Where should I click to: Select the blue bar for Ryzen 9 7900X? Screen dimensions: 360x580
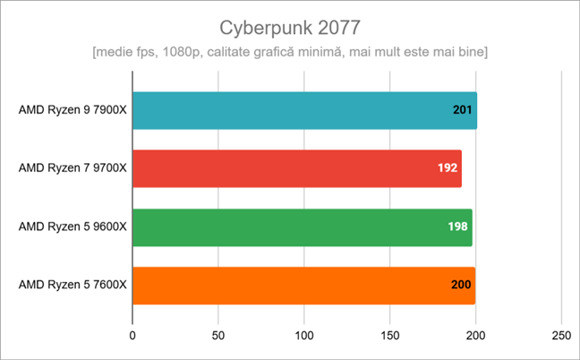[x=304, y=111]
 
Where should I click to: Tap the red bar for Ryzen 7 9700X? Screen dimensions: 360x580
[x=296, y=167]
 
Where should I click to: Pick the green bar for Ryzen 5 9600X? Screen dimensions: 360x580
[x=302, y=227]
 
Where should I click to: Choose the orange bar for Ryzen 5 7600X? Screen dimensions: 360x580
[x=303, y=286]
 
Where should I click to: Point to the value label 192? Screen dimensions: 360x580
[x=448, y=167]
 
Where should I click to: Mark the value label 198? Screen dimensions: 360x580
[x=459, y=227]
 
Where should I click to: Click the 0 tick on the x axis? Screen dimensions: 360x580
[x=132, y=338]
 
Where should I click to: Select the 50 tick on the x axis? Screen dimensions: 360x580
[x=218, y=338]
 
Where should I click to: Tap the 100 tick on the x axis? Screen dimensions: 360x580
[x=304, y=338]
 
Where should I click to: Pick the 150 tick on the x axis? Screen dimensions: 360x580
[x=389, y=338]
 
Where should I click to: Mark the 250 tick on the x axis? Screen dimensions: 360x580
[x=561, y=338]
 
